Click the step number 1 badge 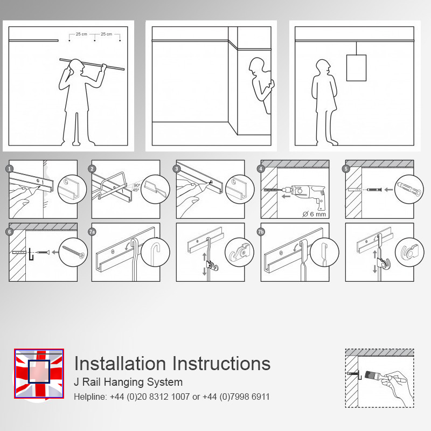click(x=10, y=169)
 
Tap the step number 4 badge click(x=261, y=169)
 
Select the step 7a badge click(x=92, y=232)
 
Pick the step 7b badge click(x=261, y=232)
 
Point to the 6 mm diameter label click(x=314, y=214)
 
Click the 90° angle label click(x=137, y=185)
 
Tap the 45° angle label click(x=136, y=190)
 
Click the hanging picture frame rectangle click(x=356, y=68)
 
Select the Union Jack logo click(x=39, y=373)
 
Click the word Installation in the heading click(x=120, y=363)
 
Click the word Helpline click(x=90, y=397)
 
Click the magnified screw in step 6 click(x=73, y=252)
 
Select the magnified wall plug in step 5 click(x=409, y=189)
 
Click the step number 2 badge click(x=92, y=169)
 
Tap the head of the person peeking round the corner click(x=257, y=65)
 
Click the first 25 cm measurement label click(x=81, y=34)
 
